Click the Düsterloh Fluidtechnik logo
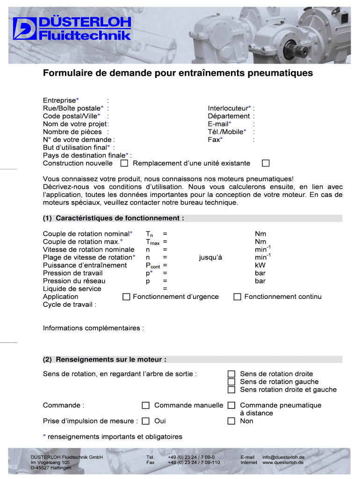point(72,29)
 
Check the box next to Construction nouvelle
point(124,163)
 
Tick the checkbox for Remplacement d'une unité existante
point(266,163)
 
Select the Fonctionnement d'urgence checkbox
point(126,297)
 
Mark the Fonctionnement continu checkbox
point(238,297)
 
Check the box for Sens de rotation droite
point(231,374)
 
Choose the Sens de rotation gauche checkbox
point(231,382)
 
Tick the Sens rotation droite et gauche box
point(231,390)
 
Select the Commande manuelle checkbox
point(146,405)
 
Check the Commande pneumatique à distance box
point(231,405)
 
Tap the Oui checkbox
point(146,421)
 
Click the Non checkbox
point(231,421)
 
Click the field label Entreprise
point(59,100)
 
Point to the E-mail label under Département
point(218,124)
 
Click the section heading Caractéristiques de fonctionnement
point(120,218)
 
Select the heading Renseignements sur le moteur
point(111,359)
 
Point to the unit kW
point(260,265)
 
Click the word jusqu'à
point(210,257)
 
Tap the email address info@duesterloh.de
point(283,457)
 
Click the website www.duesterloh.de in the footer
point(283,462)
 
